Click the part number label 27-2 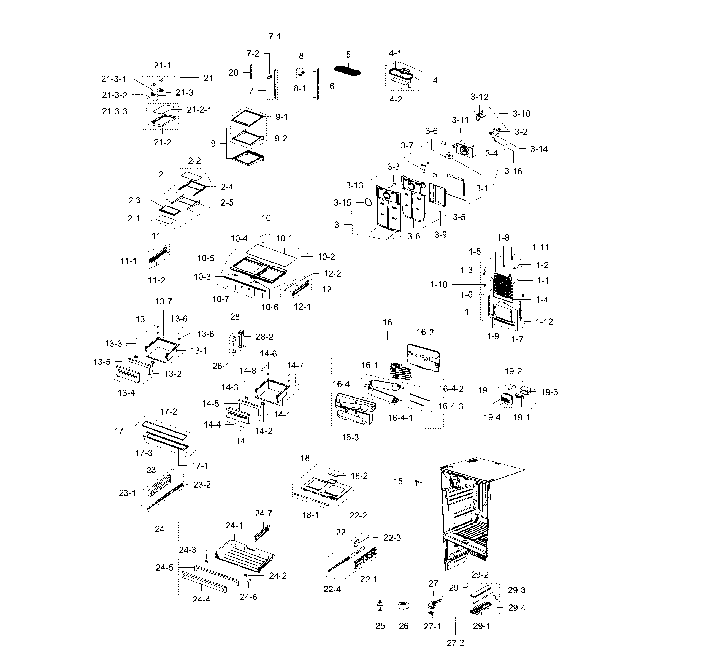coord(456,643)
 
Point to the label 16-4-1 coord(400,418)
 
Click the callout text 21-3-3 coord(115,111)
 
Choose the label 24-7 coord(264,514)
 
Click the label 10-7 coord(221,299)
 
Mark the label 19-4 coord(492,417)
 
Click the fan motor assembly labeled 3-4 coord(465,151)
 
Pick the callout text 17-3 coord(144,453)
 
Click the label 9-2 coord(281,138)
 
